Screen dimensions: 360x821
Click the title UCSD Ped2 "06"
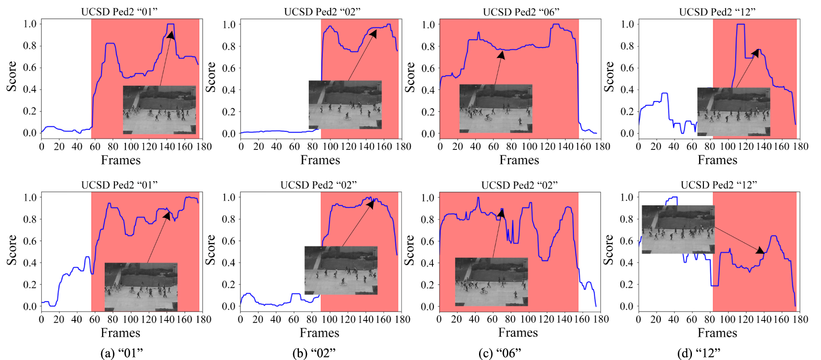tap(521, 12)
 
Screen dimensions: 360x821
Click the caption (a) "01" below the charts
tap(122, 353)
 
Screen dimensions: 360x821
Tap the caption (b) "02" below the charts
tap(314, 353)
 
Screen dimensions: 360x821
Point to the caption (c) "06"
tap(499, 353)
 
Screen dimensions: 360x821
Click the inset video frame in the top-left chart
tap(159, 110)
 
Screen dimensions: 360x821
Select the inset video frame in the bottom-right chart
tap(678, 229)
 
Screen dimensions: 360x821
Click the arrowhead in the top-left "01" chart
tap(171, 35)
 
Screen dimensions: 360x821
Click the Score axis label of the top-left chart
tap(12, 76)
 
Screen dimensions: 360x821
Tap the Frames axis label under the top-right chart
tap(717, 160)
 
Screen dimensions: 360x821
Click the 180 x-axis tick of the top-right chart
tap(801, 146)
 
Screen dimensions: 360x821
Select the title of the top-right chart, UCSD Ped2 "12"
tap(717, 12)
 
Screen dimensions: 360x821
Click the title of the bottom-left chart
tap(120, 185)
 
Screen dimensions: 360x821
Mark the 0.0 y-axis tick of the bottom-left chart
tap(30, 306)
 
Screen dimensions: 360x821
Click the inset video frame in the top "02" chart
tap(345, 105)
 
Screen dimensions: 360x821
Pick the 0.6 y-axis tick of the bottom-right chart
tap(627, 241)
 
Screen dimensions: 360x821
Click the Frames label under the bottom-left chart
tap(120, 333)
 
